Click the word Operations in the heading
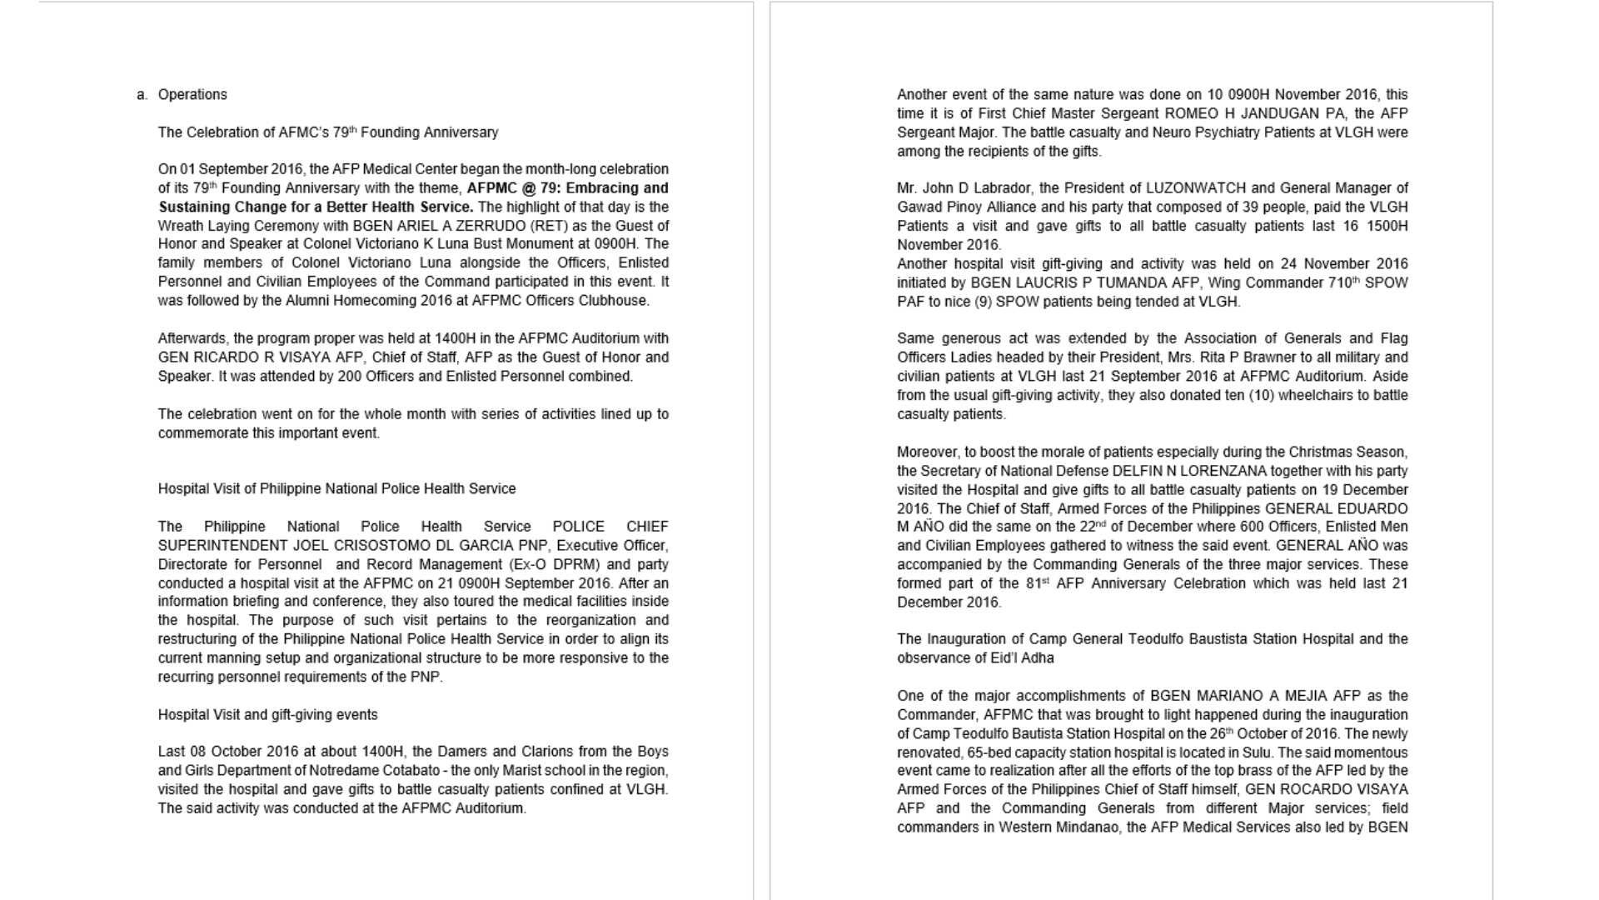pos(192,95)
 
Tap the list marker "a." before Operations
pos(142,95)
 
